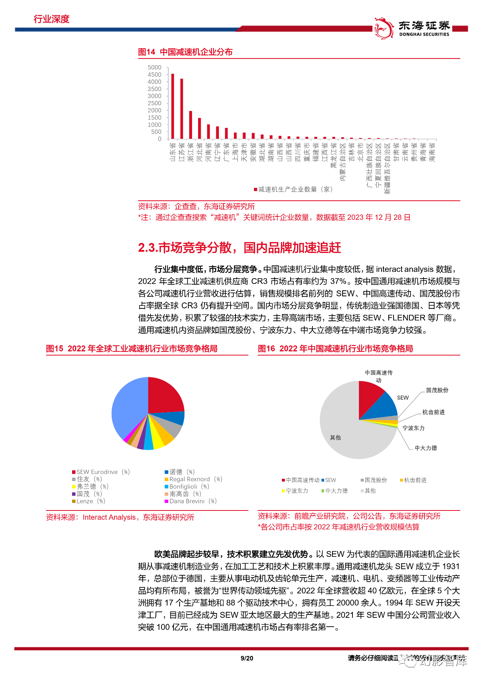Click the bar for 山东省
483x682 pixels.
point(173,106)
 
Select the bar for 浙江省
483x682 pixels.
point(191,125)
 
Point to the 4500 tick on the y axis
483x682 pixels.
point(154,75)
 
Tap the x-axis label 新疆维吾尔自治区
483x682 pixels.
point(387,169)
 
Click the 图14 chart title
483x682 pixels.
point(185,52)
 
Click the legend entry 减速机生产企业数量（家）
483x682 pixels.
point(294,189)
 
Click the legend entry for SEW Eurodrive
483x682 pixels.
point(101,472)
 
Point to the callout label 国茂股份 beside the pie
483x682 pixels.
point(437,390)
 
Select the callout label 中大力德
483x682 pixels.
point(426,448)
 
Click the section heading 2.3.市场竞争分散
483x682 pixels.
point(239,248)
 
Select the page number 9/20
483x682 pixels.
point(247,658)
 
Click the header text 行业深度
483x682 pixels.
point(52,19)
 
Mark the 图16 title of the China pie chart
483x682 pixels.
point(335,349)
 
